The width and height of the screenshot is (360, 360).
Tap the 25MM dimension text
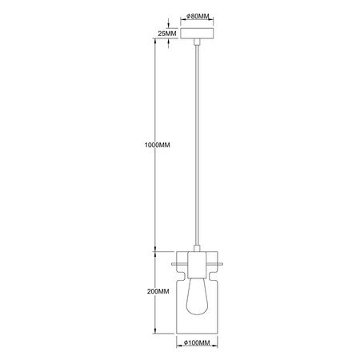coord(167,35)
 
